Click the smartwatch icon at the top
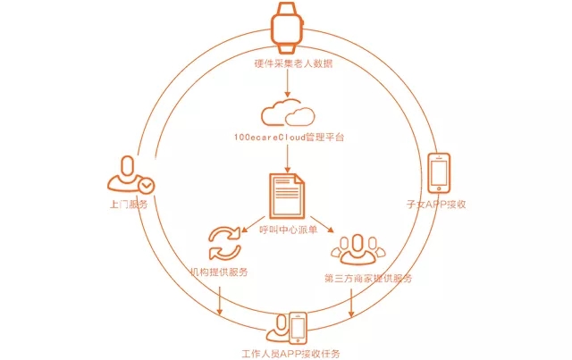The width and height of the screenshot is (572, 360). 286,27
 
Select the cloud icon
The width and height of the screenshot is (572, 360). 287,113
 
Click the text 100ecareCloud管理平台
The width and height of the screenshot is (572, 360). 286,138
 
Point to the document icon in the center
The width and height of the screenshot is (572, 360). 286,196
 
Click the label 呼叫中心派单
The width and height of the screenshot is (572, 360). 286,230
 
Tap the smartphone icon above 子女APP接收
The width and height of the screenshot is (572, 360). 439,172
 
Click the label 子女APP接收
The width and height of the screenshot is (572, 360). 437,204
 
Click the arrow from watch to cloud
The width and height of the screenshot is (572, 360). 286,84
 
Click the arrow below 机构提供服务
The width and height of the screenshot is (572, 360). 219,297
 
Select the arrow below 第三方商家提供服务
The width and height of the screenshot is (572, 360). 352,301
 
